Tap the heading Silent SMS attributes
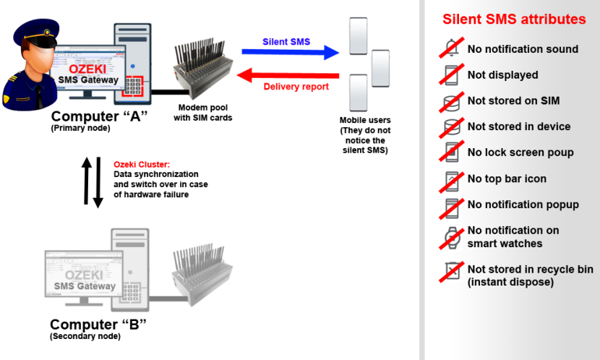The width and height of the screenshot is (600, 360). pos(514,20)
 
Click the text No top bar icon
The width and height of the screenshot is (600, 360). pos(507,179)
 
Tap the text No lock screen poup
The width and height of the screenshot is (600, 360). pos(520,153)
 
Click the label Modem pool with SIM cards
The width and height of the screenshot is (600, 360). pos(202,113)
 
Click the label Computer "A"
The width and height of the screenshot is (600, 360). pos(99,117)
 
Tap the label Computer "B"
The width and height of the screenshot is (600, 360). pos(98,325)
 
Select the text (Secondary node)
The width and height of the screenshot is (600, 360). pos(85,337)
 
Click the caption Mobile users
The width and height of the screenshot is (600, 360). pos(365,120)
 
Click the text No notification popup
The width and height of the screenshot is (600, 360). pos(523,205)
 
